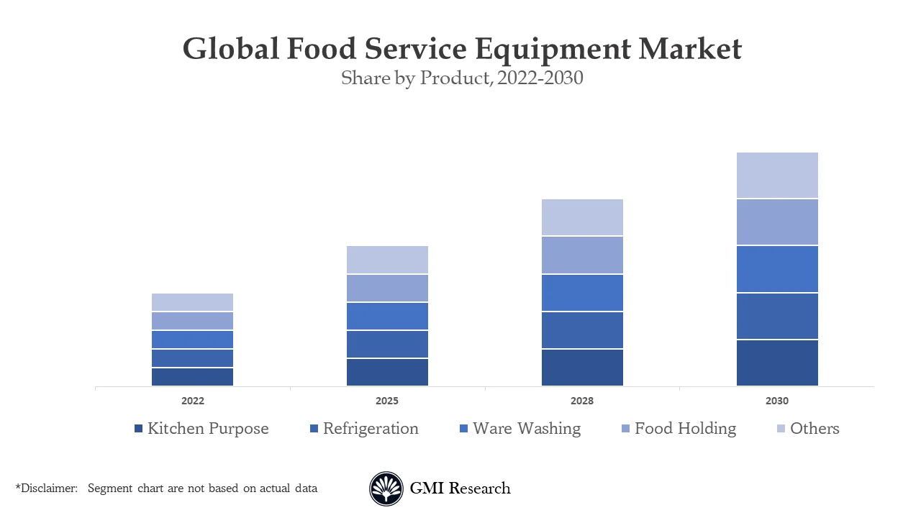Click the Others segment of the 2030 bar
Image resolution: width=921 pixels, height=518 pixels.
tap(777, 175)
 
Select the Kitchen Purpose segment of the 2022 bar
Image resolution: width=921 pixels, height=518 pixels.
tap(192, 377)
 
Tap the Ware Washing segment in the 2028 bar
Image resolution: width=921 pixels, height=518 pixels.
tap(582, 292)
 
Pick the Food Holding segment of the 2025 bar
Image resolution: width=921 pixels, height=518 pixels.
tap(387, 288)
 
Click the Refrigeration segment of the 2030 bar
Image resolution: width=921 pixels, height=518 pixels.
tap(777, 316)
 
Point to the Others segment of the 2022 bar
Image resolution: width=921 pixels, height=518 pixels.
tap(192, 302)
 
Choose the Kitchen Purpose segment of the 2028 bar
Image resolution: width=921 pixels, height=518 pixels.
tap(582, 368)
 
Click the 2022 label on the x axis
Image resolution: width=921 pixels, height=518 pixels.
tap(192, 401)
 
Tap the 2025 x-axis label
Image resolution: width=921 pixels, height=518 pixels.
tap(387, 401)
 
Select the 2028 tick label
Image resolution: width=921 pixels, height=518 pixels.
tap(582, 401)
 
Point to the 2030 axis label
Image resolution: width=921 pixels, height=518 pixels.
tap(777, 401)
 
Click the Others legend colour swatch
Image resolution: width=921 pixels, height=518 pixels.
tap(781, 429)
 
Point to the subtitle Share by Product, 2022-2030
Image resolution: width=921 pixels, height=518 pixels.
tap(462, 78)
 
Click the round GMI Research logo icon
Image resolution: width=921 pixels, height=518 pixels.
tap(386, 489)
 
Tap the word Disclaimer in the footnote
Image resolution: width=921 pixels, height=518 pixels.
tap(48, 489)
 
